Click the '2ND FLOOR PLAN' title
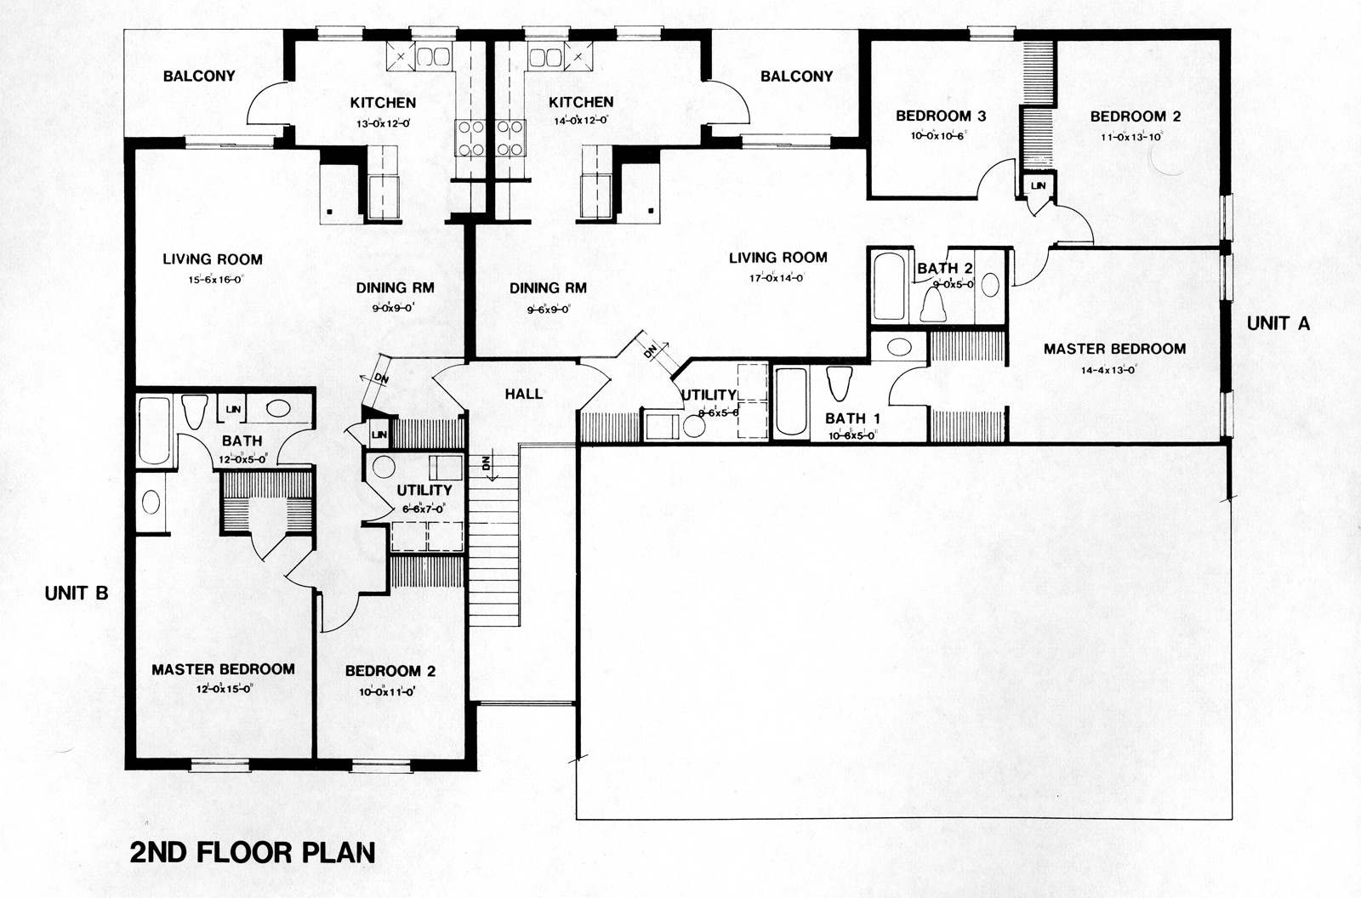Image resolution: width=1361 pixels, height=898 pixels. coord(253,852)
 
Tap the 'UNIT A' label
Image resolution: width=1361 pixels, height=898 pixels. coord(1278,323)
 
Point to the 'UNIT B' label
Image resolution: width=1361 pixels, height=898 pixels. coord(77,594)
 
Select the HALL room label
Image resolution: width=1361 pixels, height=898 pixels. coord(523,394)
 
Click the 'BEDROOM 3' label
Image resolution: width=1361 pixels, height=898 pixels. coord(941,116)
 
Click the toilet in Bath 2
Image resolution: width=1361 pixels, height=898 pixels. coord(934,303)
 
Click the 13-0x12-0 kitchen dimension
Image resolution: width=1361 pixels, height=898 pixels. coord(383,122)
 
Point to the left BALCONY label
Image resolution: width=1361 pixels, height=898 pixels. coord(199,76)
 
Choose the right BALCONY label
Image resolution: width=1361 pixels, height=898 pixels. coord(796,76)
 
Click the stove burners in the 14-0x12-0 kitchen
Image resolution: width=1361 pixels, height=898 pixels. coord(510,139)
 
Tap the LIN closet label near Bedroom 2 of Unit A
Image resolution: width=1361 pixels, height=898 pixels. coord(1039,185)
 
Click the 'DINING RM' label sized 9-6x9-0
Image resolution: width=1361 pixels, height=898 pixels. coord(548,288)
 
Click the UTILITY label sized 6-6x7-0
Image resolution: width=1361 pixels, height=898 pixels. coord(424,491)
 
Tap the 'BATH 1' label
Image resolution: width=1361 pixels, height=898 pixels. coord(852,418)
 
